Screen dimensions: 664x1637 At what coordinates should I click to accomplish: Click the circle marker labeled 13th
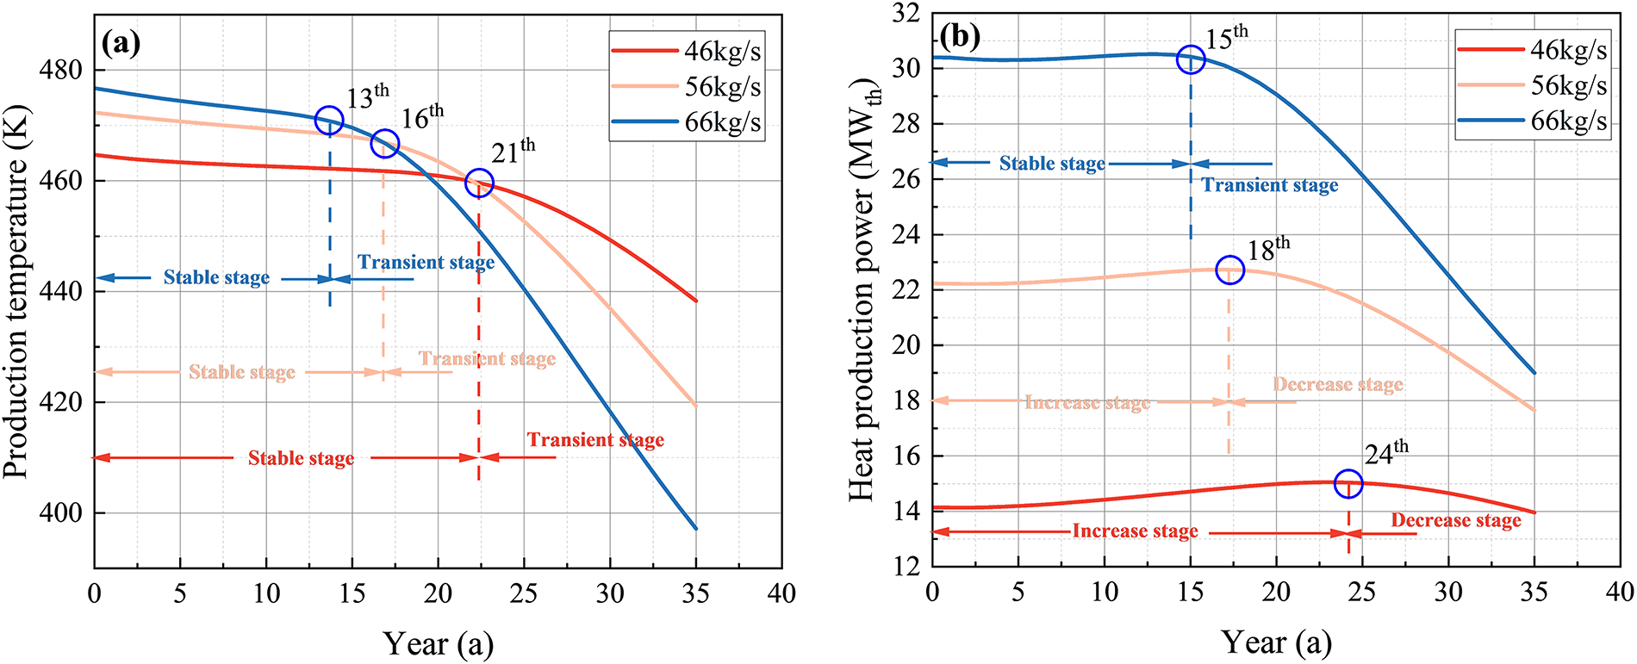click(329, 121)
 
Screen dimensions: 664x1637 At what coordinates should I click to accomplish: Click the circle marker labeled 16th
click(384, 144)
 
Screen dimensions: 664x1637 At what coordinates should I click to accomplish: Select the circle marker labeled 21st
click(479, 183)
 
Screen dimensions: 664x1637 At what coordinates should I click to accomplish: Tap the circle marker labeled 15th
click(1191, 60)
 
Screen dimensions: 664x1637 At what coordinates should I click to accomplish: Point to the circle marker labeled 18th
click(1229, 270)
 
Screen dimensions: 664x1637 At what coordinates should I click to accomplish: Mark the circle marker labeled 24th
click(1348, 484)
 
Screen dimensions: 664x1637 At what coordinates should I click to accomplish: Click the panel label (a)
click(121, 42)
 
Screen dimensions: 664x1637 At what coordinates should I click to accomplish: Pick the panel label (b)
click(960, 36)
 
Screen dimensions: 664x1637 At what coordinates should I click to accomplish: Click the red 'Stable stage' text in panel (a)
click(301, 458)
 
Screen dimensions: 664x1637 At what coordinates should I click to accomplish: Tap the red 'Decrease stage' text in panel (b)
click(1456, 520)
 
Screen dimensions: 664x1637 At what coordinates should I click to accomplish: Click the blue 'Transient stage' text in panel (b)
click(1270, 185)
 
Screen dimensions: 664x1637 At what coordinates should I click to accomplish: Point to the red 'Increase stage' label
click(1135, 531)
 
